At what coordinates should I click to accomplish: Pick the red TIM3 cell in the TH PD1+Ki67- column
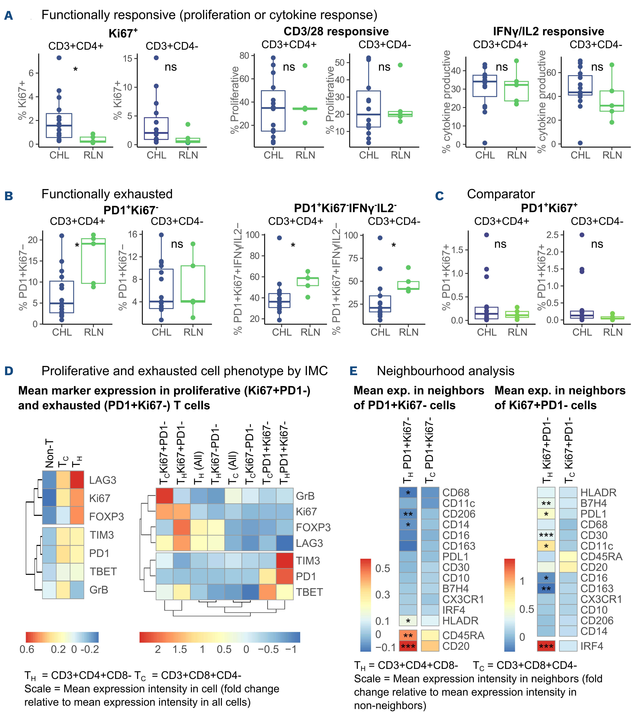285,561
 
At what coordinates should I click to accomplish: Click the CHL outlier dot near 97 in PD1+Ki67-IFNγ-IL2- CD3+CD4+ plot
279,238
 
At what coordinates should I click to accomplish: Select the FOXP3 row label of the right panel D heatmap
313,527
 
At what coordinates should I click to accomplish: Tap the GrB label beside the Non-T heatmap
99,590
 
